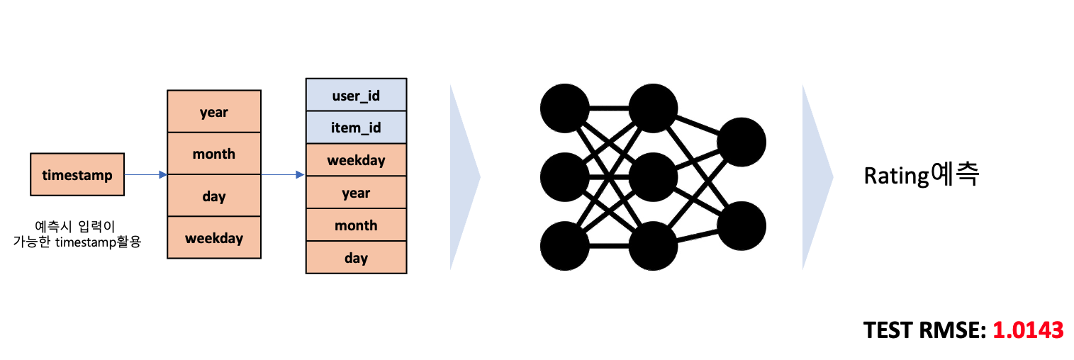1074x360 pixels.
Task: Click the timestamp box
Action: [77, 174]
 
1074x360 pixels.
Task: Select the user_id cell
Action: [356, 95]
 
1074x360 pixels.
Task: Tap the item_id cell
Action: [356, 128]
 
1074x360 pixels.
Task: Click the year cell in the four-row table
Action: [213, 111]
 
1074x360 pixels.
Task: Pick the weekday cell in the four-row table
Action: [213, 238]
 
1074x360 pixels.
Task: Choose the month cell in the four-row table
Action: [213, 154]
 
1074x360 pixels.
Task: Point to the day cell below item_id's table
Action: [356, 257]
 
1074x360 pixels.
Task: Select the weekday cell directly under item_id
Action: [356, 160]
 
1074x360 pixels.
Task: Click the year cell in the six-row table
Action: [356, 193]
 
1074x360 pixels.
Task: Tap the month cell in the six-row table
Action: [356, 225]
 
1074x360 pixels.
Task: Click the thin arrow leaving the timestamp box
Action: [145, 174]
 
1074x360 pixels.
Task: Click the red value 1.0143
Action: [1027, 330]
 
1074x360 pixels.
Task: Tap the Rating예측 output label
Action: [921, 175]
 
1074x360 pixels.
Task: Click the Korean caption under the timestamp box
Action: [77, 235]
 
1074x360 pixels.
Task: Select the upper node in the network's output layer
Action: [742, 142]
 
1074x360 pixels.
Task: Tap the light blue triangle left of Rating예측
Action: [815, 177]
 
